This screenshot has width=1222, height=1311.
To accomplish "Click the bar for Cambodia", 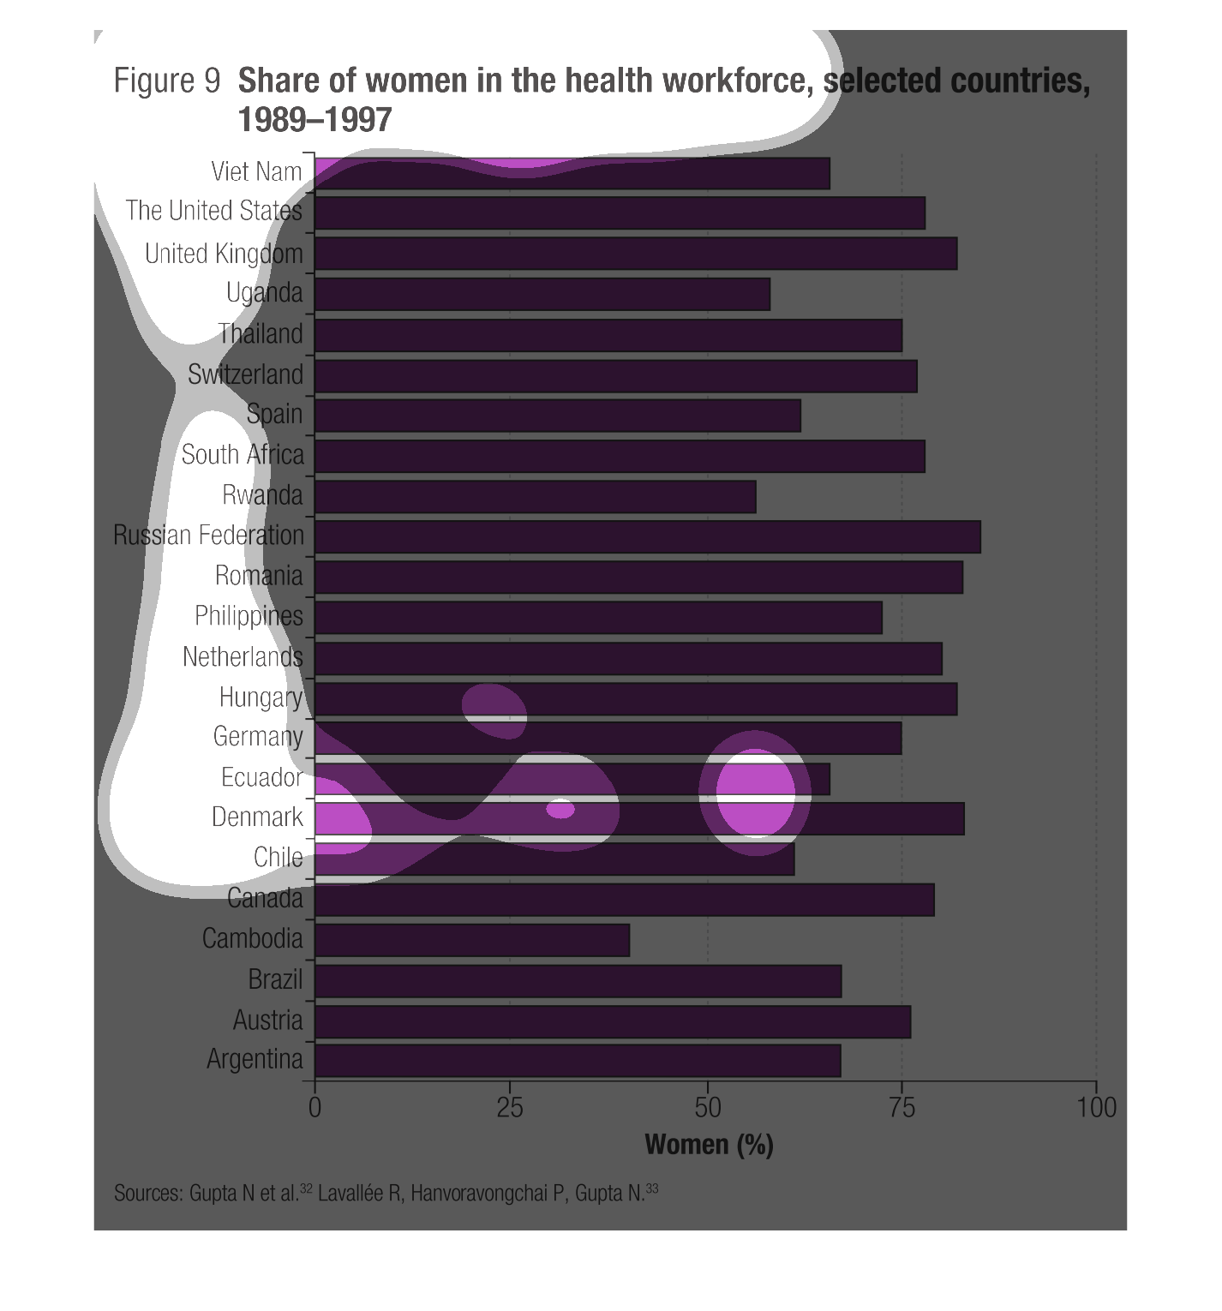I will [x=472, y=940].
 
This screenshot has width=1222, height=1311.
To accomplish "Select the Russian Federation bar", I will [x=648, y=536].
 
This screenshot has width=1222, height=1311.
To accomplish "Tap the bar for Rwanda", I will [x=536, y=497].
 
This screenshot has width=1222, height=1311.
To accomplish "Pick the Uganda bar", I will [x=542, y=294].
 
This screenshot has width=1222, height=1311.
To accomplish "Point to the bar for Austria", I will [x=613, y=1021].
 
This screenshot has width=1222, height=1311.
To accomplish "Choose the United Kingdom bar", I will [x=636, y=254].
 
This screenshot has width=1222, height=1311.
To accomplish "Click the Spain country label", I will [x=274, y=414].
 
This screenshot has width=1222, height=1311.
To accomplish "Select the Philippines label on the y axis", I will [x=249, y=616].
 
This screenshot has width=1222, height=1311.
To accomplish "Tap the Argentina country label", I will [x=255, y=1060].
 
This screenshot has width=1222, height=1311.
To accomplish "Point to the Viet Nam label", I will [x=256, y=171].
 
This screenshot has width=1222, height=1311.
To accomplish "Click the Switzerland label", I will [x=245, y=374].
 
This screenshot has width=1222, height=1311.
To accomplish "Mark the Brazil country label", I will [x=275, y=979].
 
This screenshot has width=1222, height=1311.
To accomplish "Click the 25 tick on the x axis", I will [x=510, y=1108].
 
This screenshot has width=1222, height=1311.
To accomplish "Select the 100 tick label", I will [x=1096, y=1108].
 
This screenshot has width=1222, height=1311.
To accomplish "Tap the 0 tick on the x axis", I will [x=314, y=1108].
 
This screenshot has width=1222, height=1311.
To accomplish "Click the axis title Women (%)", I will [x=709, y=1145].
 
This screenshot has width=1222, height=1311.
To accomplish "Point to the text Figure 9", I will [x=167, y=81].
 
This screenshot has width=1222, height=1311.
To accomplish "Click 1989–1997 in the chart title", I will [x=314, y=120].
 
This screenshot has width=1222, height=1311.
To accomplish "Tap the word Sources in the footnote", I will [x=147, y=1194].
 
